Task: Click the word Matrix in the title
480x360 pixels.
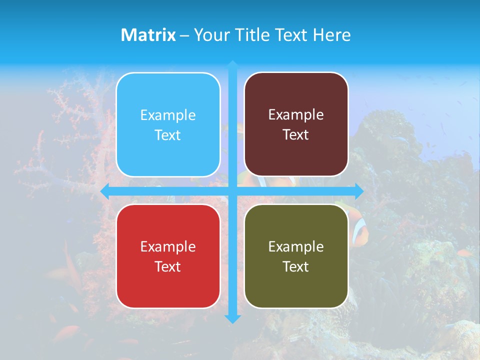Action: click(148, 35)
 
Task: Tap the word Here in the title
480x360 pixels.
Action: click(331, 35)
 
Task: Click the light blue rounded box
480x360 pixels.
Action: click(168, 124)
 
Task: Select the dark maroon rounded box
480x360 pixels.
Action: click(296, 124)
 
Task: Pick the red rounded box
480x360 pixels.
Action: click(168, 256)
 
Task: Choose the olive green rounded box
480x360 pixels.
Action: click(296, 256)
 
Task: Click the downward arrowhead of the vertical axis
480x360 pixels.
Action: click(232, 318)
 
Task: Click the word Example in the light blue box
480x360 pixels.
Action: click(168, 115)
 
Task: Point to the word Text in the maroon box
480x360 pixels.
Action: click(296, 134)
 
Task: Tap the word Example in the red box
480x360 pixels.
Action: click(168, 246)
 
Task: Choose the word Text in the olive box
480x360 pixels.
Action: click(296, 266)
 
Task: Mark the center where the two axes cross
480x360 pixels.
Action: click(232, 191)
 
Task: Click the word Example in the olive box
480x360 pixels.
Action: click(296, 246)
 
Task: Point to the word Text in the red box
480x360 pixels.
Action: click(168, 266)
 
